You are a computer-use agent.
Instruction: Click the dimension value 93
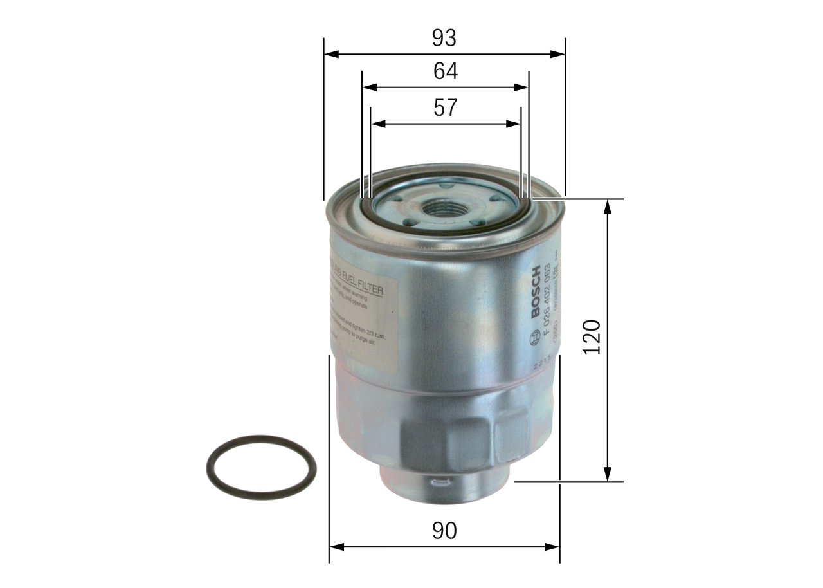(444, 39)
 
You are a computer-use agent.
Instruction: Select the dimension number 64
(445, 71)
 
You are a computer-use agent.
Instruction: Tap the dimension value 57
(445, 107)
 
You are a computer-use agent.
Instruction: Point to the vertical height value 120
(591, 336)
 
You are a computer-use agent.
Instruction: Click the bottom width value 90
(444, 531)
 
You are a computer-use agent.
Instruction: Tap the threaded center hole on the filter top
(444, 208)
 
